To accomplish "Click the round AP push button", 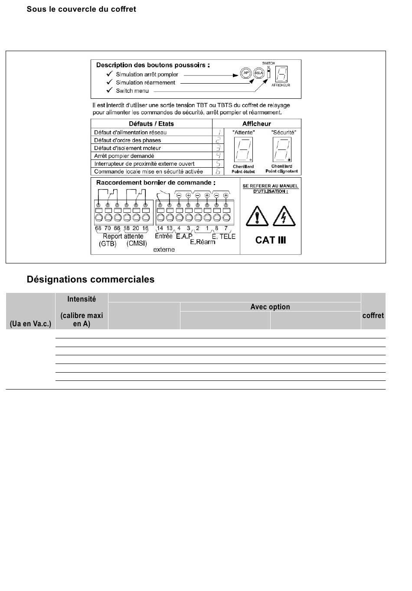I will coord(246,73).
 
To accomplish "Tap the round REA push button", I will coord(258,73).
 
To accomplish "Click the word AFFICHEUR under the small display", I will coord(281,85).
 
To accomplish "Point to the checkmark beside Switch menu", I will coord(109,90).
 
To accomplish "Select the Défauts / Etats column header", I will coord(151,123).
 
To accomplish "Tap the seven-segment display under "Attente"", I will coord(243,149).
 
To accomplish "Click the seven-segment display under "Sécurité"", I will coord(282,149).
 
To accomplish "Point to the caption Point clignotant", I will coord(281,171).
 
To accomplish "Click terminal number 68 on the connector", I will coord(98,228).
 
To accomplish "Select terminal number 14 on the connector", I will coord(160,228).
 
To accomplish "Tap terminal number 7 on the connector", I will coord(226,228).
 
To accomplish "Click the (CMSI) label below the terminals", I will coord(137,244).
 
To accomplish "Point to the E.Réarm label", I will coord(203,242).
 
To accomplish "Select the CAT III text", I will coord(271,240).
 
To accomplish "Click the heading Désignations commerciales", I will coord(91,279).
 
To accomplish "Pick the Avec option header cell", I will coord(270,307).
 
